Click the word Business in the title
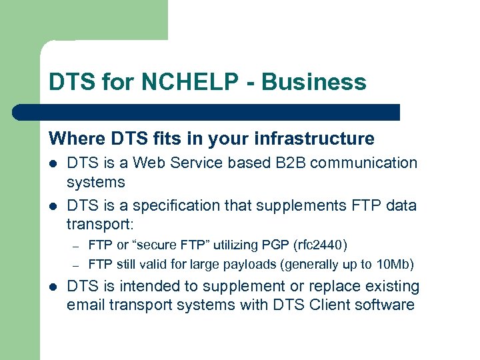tap(314, 82)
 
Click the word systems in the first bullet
tap(96, 181)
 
